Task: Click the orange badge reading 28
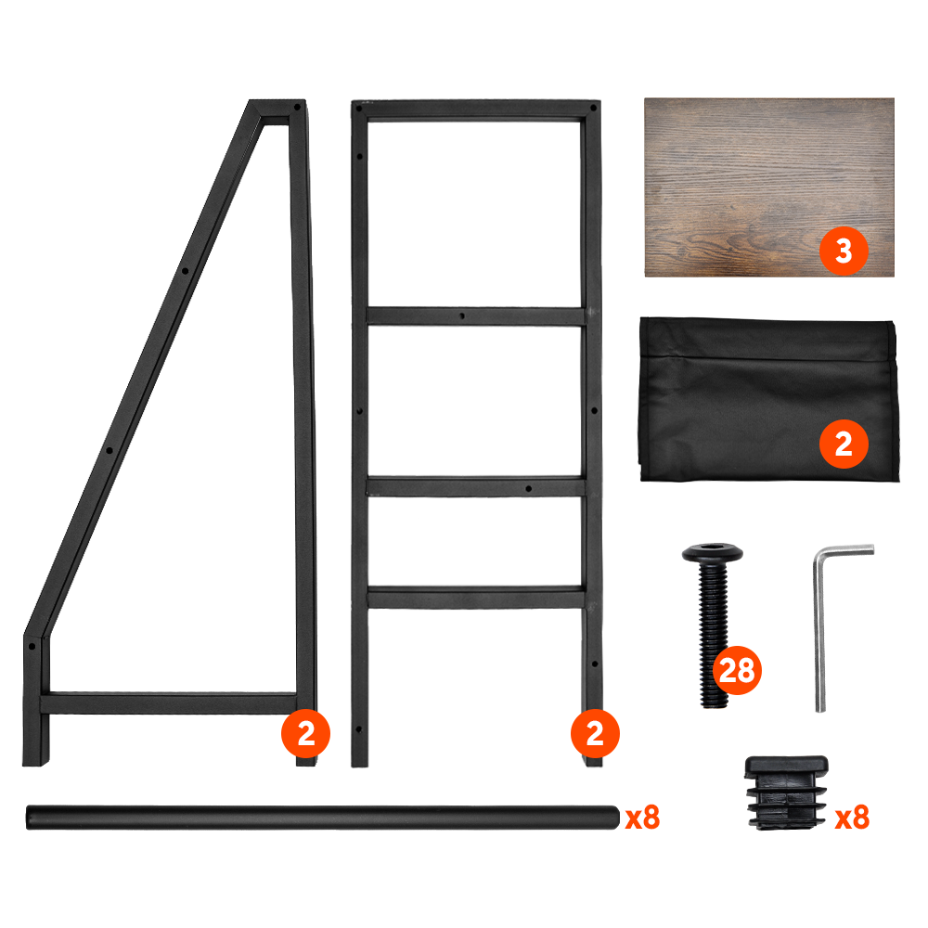pos(737,671)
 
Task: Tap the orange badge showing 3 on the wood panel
pos(844,251)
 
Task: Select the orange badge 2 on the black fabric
pos(844,444)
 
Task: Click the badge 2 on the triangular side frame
pos(305,734)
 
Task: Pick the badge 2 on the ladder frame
pos(595,734)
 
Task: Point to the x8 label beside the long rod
pos(643,818)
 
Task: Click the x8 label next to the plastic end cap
pos(852,818)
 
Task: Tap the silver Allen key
pos(819,627)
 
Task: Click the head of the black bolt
pos(713,553)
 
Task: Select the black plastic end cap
pos(786,792)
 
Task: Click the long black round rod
pos(323,818)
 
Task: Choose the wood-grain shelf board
pos(768,187)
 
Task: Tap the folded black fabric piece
pos(768,399)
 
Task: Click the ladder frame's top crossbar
pos(476,110)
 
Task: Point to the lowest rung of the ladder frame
pos(476,597)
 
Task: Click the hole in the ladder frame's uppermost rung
pos(462,316)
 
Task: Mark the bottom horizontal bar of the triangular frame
pos(169,702)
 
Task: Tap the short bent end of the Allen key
pos(845,550)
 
